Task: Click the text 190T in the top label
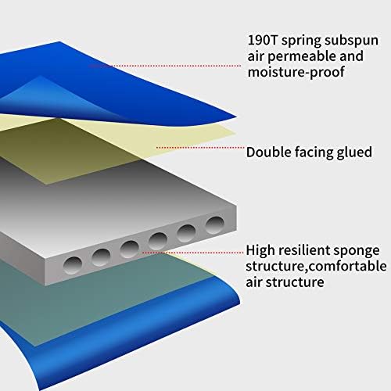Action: tap(263, 40)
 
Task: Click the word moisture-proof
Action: tap(296, 72)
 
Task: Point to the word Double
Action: tap(268, 152)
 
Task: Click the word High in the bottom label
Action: tap(260, 251)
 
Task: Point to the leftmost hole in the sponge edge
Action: tap(73, 264)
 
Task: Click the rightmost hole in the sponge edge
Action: tap(215, 224)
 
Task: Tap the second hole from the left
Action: tap(101, 257)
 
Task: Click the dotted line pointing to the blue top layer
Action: tap(165, 66)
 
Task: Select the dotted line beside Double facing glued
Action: tap(200, 148)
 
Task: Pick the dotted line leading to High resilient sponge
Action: tap(193, 253)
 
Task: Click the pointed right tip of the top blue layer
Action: tap(236, 117)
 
